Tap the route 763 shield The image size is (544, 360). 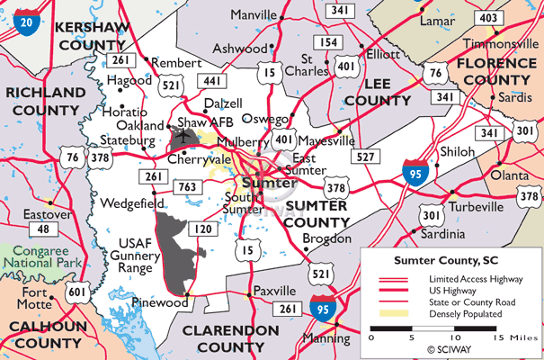tap(187, 186)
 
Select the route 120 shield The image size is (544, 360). tap(205, 230)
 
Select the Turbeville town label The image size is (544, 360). tap(475, 206)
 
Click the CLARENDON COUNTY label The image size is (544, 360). tap(230, 338)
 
